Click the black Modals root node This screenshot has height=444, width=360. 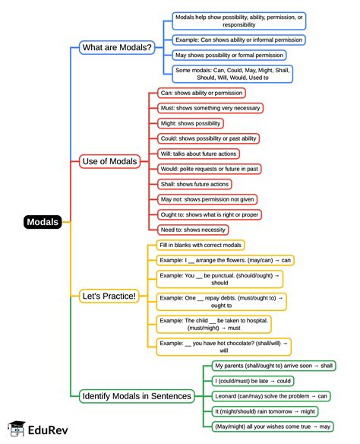coord(43,222)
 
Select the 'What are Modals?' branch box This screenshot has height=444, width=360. coord(117,47)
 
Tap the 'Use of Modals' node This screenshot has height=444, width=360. coord(109,161)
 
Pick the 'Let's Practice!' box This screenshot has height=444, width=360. coord(109,297)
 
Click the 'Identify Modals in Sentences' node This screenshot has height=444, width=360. coord(137,396)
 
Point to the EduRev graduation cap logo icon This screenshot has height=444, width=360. coord(17,429)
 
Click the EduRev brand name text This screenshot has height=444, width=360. coord(48,430)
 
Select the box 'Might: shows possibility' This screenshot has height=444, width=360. coord(191,123)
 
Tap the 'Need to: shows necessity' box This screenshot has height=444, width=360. coord(193,230)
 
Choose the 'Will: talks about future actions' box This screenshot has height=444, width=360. coord(198,154)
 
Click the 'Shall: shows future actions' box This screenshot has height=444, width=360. coord(194,184)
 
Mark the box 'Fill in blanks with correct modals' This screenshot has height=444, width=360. coord(201,246)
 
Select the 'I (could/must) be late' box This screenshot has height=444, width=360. coord(253,381)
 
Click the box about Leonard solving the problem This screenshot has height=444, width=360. coord(271,396)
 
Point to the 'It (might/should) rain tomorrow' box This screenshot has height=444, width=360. coord(265,411)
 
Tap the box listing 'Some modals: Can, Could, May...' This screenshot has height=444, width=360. coord(232,74)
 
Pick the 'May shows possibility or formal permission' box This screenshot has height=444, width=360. coord(229,55)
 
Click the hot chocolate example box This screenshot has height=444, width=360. coord(224,347)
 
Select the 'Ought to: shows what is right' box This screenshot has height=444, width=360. coord(210,214)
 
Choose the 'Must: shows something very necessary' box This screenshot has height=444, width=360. coord(210,108)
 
